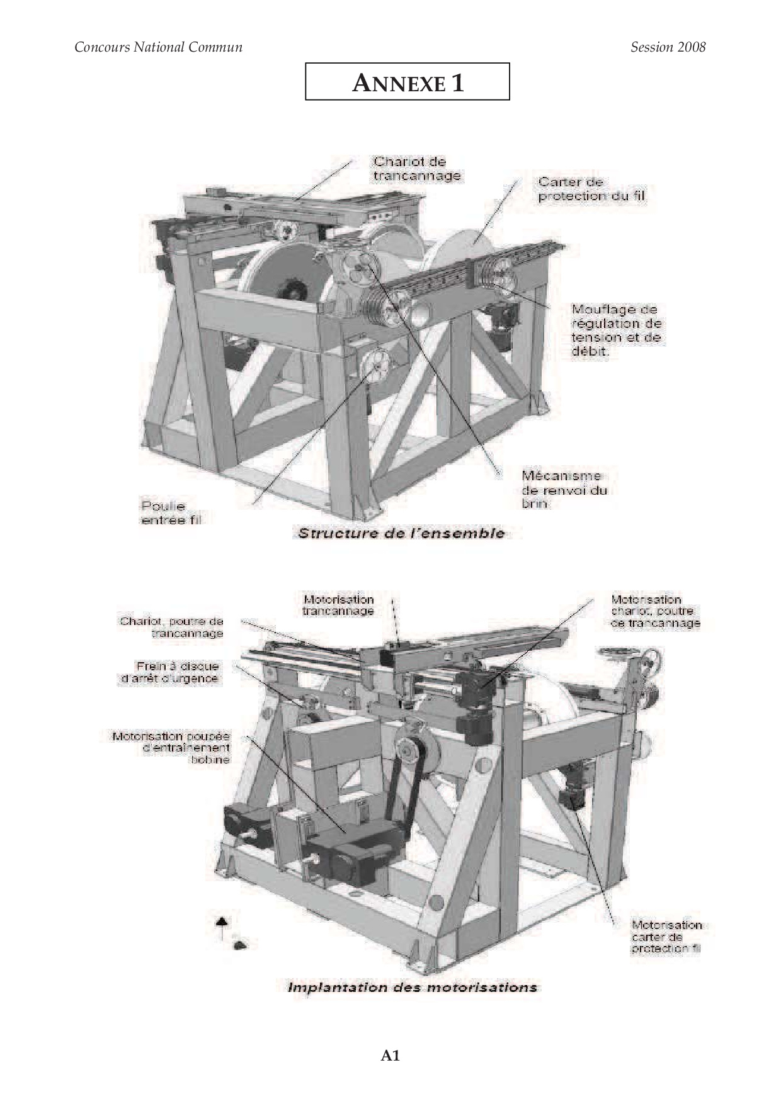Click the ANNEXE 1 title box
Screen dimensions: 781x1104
[407, 81]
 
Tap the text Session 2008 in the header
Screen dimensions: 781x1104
[668, 47]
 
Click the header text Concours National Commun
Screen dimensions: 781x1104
[158, 47]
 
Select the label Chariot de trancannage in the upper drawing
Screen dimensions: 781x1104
[417, 169]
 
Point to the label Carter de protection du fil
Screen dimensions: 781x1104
[592, 189]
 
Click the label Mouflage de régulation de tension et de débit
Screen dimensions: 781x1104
[617, 330]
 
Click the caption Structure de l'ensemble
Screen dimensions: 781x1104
[401, 533]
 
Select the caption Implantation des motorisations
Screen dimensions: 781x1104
[413, 987]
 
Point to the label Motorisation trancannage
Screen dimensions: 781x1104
[338, 605]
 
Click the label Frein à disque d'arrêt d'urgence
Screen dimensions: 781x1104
[169, 672]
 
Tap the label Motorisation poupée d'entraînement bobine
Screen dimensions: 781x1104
[171, 747]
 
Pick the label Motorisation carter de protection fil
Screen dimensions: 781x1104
[666, 937]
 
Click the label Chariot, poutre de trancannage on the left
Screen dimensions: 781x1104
[171, 628]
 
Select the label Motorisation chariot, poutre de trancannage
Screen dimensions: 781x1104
[655, 611]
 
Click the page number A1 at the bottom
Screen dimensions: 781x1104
[390, 1056]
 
